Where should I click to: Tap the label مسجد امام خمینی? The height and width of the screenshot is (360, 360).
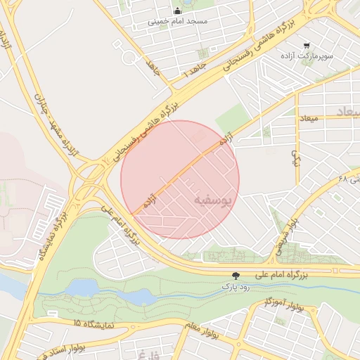click(x=178, y=22)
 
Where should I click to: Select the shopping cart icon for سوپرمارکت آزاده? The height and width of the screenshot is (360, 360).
click(x=307, y=46)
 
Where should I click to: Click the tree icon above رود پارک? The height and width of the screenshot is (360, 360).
click(x=236, y=276)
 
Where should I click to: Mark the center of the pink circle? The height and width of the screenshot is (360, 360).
click(x=180, y=180)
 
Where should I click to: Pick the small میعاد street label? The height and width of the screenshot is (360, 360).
click(x=308, y=118)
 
